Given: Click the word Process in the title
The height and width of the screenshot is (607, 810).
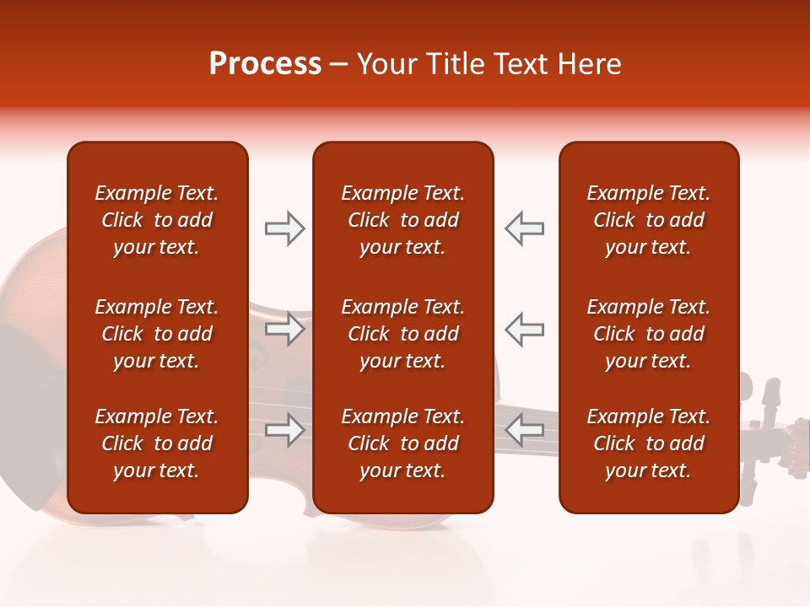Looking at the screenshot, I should point(265,64).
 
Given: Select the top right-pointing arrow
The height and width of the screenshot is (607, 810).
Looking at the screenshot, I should point(284,228).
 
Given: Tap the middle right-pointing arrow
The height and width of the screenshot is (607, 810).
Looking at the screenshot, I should point(284,329).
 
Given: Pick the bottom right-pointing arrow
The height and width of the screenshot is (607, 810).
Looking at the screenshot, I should point(284,431).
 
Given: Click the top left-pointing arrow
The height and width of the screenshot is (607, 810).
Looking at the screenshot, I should point(524,228).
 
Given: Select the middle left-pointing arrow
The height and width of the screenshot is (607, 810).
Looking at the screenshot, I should point(524,329).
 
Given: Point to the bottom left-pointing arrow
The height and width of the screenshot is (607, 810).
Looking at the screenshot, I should point(524,431).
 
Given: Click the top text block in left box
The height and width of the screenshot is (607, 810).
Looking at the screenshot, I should point(157,220).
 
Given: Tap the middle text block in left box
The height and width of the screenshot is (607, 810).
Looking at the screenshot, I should point(157,334).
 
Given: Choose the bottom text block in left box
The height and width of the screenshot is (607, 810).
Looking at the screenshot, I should point(157,443).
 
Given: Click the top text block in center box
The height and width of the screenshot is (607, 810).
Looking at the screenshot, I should point(402,220).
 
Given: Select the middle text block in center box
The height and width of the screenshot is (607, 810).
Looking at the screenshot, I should point(402,334).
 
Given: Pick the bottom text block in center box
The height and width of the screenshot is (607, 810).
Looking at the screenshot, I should point(402,443).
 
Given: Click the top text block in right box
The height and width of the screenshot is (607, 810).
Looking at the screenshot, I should point(648,220).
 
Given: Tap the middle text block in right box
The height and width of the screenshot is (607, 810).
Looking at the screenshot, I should point(648,334).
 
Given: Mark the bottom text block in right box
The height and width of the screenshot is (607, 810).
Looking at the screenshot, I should point(648,443).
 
